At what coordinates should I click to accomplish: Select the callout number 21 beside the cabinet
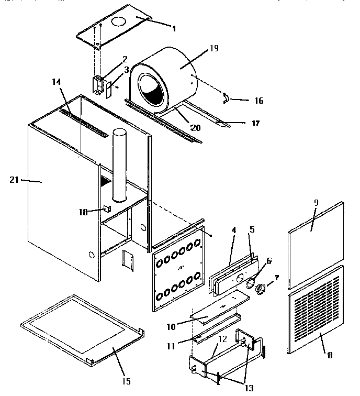point(14,180)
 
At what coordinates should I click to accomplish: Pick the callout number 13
point(249,388)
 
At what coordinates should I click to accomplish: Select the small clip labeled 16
point(226,97)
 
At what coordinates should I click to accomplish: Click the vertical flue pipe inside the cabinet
point(119,163)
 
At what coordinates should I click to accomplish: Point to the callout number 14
point(57,82)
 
